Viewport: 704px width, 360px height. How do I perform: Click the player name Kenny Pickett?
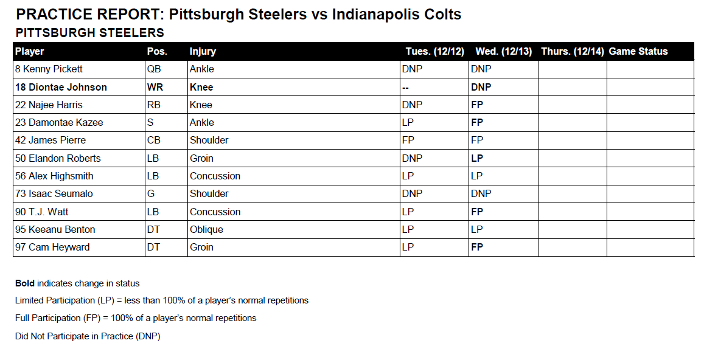coord(49,69)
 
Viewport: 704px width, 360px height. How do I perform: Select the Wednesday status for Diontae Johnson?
coord(481,87)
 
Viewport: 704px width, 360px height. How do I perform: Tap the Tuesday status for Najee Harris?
coord(412,105)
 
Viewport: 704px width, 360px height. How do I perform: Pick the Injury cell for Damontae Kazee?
coord(201,122)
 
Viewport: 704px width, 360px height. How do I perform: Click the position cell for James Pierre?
coord(154,140)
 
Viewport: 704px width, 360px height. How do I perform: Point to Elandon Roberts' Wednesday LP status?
coord(477,158)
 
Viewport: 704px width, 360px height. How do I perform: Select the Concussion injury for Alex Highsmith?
coord(215,176)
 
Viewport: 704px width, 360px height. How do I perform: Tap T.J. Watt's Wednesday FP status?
coord(477,212)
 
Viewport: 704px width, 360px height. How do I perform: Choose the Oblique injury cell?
coord(206,229)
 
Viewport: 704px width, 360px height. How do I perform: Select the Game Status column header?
coord(638,52)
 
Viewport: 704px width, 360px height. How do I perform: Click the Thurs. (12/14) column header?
coord(572,52)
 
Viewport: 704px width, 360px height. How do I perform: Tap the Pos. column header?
coord(157,52)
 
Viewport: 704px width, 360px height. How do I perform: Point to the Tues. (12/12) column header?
coord(435,52)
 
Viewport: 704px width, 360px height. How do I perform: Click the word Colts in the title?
coord(441,15)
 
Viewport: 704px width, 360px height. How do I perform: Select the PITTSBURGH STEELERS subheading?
coord(90,33)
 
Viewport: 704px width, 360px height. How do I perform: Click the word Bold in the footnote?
coord(25,283)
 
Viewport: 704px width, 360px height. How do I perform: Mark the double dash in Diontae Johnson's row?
coord(405,87)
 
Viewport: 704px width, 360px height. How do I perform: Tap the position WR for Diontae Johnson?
coord(155,87)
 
